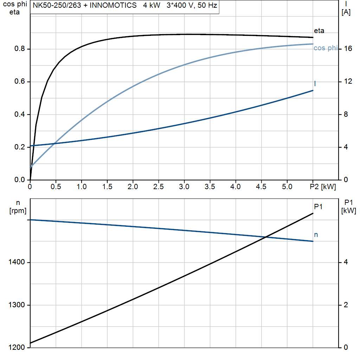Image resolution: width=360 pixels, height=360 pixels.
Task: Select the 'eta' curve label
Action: tap(319, 31)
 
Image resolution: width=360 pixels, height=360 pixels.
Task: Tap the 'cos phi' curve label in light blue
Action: tap(325, 48)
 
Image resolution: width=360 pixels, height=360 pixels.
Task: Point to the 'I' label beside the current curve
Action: tap(315, 84)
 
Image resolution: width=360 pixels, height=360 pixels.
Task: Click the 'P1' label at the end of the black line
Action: tap(318, 207)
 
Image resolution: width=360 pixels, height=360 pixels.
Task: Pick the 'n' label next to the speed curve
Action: tap(316, 234)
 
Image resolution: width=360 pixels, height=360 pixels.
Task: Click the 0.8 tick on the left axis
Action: tap(19, 49)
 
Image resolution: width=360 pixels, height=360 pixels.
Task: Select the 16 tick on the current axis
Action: tap(348, 49)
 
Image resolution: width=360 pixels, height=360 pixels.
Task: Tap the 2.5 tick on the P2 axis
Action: tap(159, 187)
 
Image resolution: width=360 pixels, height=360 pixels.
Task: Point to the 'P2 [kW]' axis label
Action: tap(323, 187)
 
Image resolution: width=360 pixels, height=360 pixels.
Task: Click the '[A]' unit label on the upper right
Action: tap(346, 13)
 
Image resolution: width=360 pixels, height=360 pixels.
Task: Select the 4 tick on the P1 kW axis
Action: tap(346, 262)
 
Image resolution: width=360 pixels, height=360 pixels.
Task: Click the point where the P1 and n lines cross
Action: tap(266, 237)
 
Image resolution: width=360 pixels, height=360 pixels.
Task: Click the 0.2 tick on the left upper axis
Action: tap(19, 147)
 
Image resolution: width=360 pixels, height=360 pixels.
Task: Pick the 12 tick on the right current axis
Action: tap(348, 82)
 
